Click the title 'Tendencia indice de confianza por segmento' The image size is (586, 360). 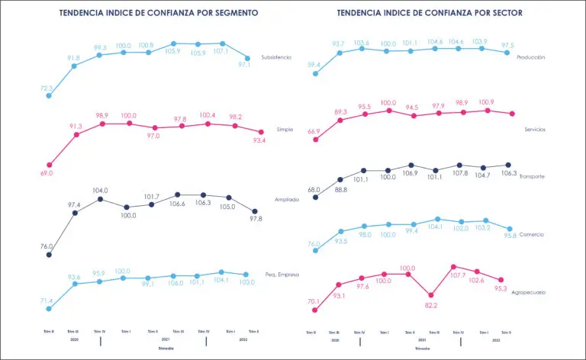pos(159,14)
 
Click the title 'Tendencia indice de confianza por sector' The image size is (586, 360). pos(434,14)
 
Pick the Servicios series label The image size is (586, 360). pos(531,130)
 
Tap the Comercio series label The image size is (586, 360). pos(530,235)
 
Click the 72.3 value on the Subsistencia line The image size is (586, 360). pos(47,88)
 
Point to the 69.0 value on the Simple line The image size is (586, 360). pos(46,174)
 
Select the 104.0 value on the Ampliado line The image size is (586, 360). pos(100,190)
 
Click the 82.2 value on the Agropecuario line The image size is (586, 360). pos(430,305)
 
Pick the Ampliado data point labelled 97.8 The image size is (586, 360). pos(255,211)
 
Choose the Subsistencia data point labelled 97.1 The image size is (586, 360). pos(248,59)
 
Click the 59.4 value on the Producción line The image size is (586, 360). pos(314,66)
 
